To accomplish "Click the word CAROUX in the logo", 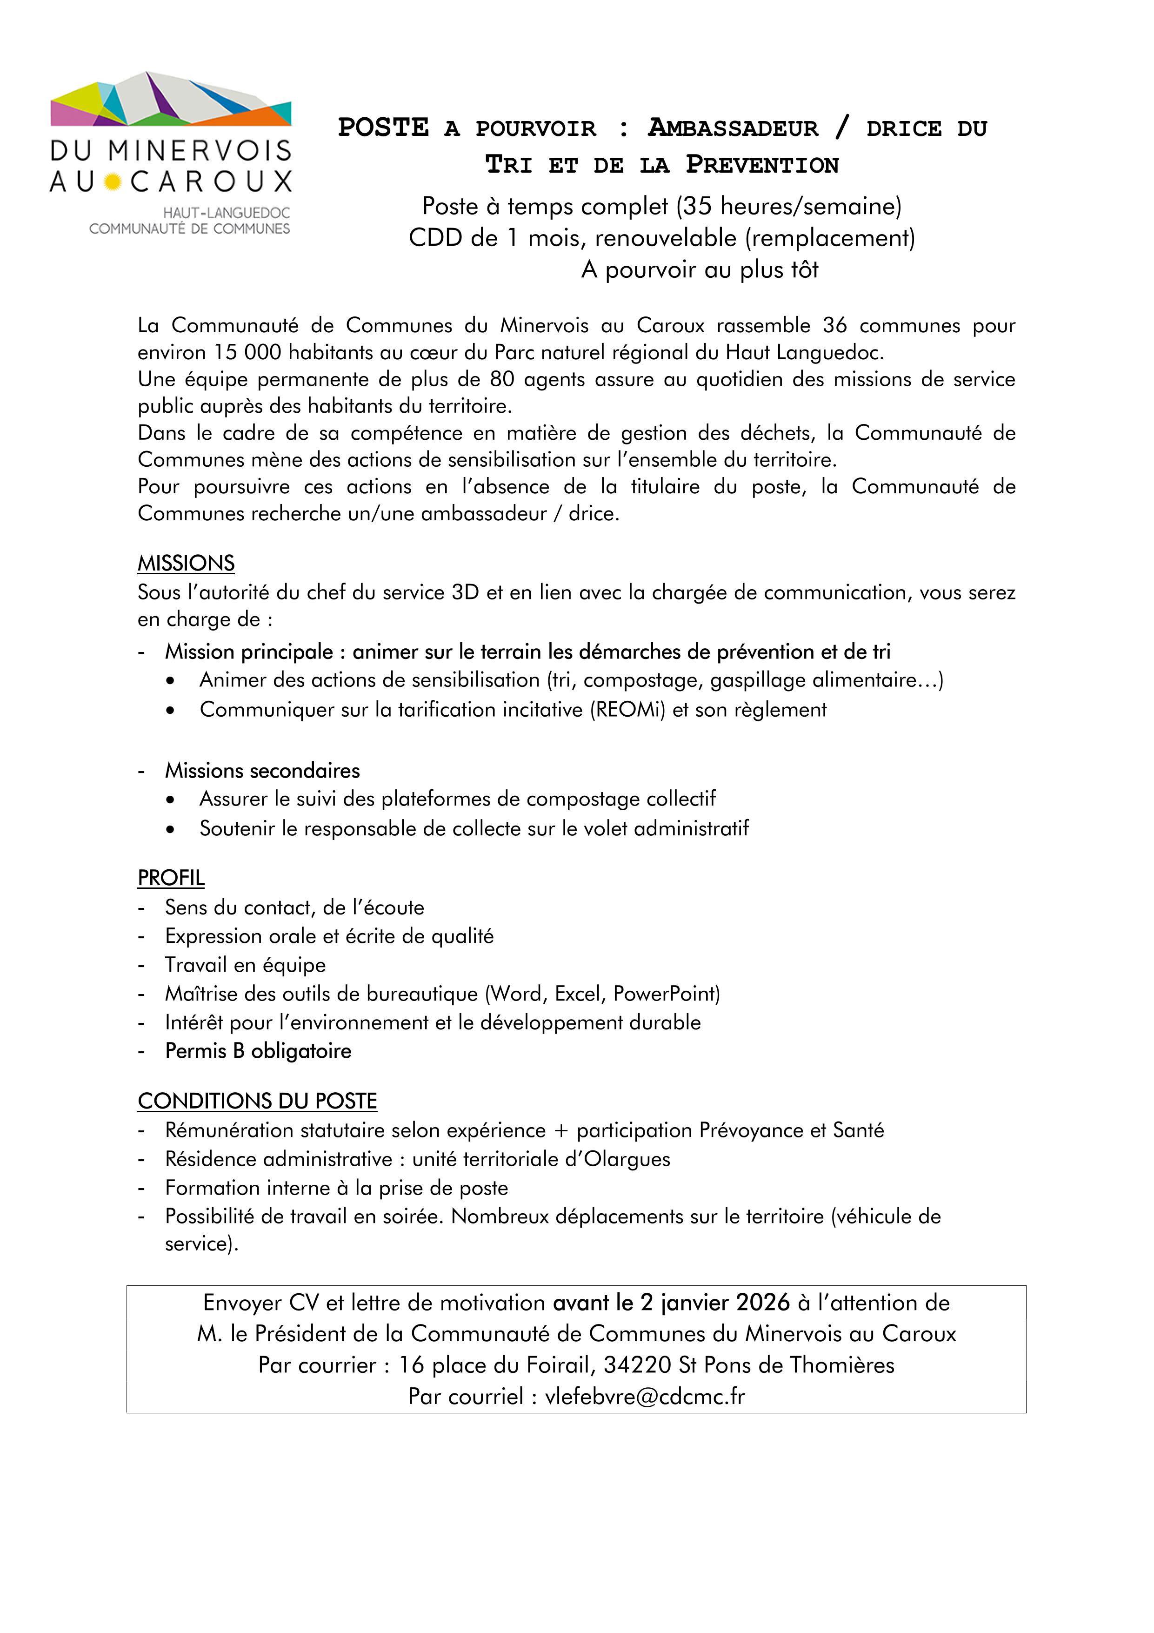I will click(x=211, y=181).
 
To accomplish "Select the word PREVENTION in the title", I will click(x=762, y=165).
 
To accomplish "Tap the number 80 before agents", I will click(x=501, y=379).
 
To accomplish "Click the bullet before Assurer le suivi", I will click(x=169, y=800).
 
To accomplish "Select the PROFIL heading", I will click(x=171, y=878).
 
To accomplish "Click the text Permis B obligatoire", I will click(x=258, y=1051).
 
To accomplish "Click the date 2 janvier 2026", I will click(x=714, y=1303).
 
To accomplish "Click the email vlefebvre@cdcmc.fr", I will click(x=644, y=1397).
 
